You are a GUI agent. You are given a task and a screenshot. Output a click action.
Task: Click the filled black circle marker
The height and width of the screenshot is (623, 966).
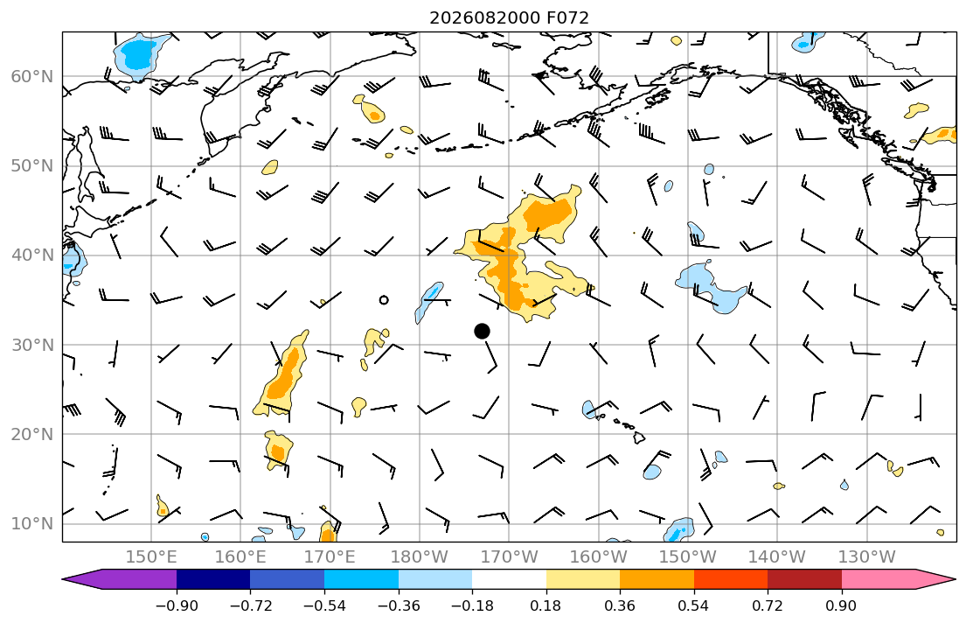(x=482, y=332)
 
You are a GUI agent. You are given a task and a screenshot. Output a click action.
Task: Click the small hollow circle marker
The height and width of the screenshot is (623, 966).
(x=384, y=300)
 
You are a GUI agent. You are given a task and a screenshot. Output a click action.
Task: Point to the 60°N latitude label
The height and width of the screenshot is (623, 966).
(x=32, y=76)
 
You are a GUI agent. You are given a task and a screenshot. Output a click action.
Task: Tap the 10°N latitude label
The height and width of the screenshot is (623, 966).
(x=32, y=524)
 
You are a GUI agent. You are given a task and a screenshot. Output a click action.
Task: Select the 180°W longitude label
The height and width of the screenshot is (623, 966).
(x=420, y=557)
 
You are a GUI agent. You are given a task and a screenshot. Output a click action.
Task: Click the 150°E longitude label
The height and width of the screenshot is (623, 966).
(x=151, y=557)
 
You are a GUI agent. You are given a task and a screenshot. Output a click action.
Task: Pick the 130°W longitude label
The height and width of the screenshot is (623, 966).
(x=867, y=557)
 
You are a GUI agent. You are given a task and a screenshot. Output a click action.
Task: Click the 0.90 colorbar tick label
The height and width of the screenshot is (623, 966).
(x=842, y=605)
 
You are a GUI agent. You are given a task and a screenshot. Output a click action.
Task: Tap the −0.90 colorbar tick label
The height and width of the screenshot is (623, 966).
(x=177, y=605)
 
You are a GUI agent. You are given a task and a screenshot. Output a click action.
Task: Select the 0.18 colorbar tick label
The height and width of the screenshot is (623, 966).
(x=546, y=605)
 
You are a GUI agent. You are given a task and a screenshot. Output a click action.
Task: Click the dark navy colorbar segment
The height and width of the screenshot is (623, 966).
(x=213, y=579)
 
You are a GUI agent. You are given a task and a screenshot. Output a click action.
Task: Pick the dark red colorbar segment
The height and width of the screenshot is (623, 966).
(x=804, y=579)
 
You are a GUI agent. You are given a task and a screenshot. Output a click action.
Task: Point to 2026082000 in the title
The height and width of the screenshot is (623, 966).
(x=485, y=17)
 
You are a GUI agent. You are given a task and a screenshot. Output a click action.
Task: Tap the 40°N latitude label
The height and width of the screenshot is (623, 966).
(x=32, y=255)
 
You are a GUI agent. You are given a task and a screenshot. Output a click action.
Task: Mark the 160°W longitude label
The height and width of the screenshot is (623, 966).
(x=598, y=557)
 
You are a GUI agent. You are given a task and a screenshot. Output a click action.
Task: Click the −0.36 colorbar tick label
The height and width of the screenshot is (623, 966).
(x=399, y=605)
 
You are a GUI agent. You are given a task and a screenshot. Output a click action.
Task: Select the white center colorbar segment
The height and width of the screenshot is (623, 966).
(x=509, y=579)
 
